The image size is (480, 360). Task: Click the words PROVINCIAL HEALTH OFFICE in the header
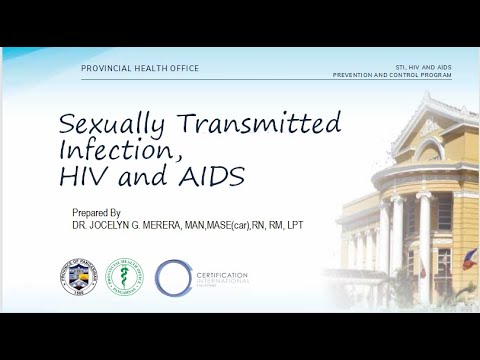point(140,68)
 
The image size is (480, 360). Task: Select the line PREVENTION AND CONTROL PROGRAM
point(394,74)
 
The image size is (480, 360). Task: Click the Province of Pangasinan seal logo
point(78,277)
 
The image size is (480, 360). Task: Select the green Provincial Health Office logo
point(124,277)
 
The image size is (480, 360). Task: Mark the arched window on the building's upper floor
point(431,151)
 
